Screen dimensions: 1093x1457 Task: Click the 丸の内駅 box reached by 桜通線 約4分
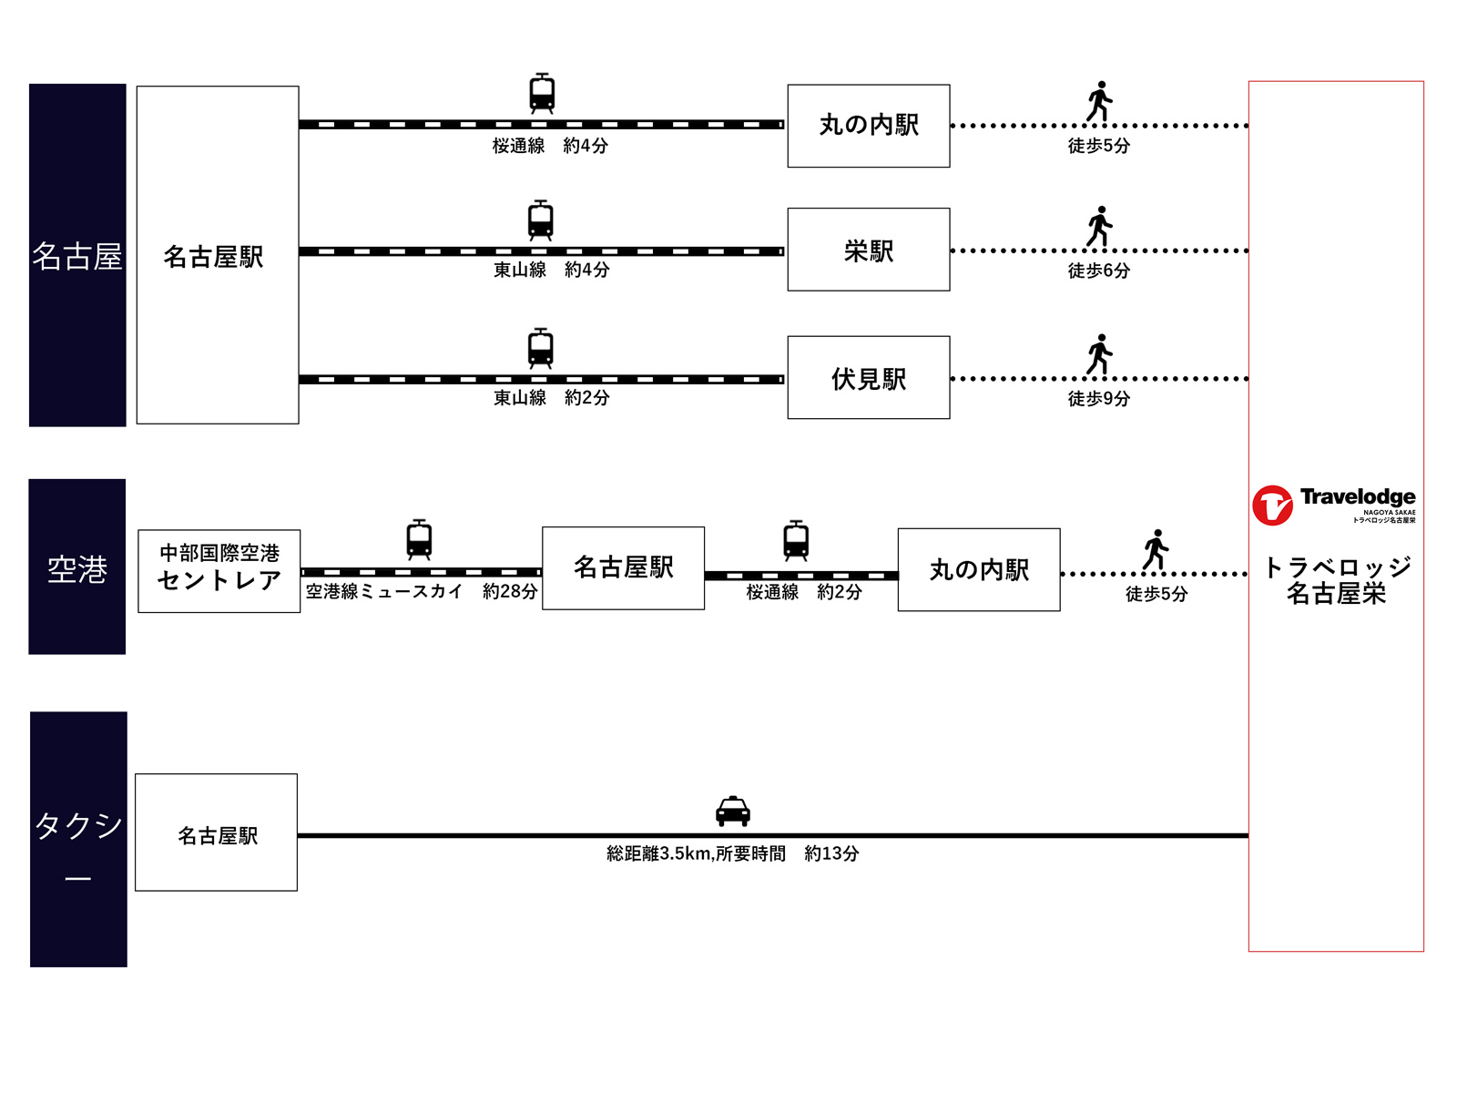(x=868, y=126)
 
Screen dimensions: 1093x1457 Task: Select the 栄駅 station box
(x=868, y=250)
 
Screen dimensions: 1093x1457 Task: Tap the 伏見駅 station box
(x=868, y=378)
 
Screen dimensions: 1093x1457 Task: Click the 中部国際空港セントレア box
(x=219, y=571)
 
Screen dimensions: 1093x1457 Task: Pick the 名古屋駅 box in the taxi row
(x=216, y=833)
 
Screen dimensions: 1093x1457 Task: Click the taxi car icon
(x=732, y=811)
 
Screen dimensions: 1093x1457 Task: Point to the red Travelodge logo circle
(x=1272, y=506)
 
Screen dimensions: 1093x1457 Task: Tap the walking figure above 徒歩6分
(x=1100, y=226)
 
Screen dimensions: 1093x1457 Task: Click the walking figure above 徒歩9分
(x=1100, y=354)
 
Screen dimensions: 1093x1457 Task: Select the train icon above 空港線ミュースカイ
(x=419, y=539)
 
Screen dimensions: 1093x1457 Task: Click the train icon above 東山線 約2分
(x=541, y=348)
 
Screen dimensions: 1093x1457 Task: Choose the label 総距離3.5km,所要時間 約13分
(x=732, y=853)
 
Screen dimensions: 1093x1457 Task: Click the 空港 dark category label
(x=77, y=567)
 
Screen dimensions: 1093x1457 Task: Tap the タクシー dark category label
(x=78, y=839)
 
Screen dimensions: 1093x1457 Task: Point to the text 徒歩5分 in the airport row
(x=1156, y=594)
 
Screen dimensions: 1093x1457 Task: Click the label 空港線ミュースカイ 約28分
(x=421, y=592)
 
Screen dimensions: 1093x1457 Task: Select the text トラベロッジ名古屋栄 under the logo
(x=1337, y=580)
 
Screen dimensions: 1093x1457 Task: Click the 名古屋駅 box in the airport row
(x=623, y=568)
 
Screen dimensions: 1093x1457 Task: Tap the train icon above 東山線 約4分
(x=541, y=220)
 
